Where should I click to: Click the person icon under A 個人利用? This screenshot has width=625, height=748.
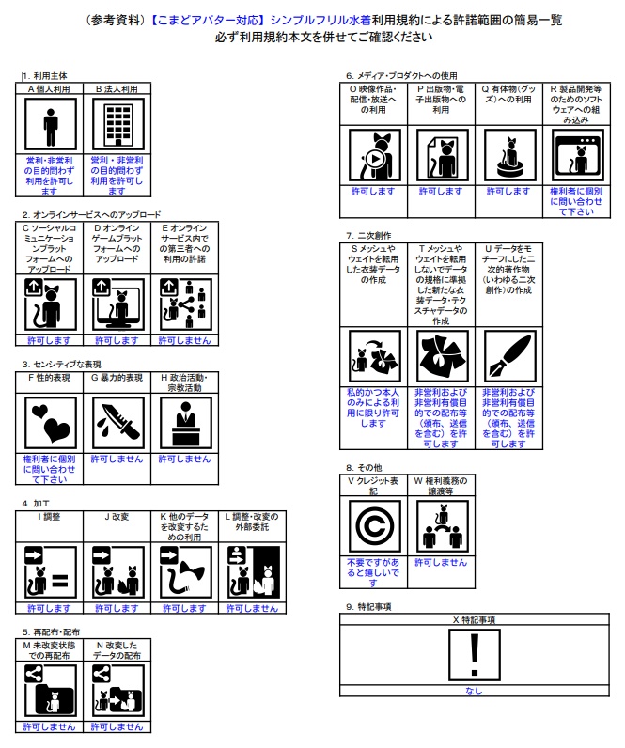coord(50,125)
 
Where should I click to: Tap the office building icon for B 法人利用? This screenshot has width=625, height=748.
coord(117,125)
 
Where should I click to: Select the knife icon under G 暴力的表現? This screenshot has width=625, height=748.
coord(117,423)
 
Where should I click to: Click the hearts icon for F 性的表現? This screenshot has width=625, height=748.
coord(50,423)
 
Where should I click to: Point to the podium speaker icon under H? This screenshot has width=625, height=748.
coord(185,423)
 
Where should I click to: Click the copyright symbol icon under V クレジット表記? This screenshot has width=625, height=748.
coord(374,526)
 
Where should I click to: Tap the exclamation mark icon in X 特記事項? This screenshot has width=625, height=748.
coord(475,655)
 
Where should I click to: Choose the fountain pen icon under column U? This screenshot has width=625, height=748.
coord(509,356)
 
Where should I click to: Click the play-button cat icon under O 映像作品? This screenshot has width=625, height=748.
coord(374,155)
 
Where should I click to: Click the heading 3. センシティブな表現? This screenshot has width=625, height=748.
coord(61,365)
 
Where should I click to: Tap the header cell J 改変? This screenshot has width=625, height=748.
coord(117,517)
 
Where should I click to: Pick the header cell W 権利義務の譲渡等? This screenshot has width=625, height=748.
coord(441,486)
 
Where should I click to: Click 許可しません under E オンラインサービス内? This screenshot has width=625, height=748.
coord(184,340)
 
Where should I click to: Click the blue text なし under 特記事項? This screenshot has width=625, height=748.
coord(474,691)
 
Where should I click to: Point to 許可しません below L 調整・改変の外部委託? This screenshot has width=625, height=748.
coord(252,608)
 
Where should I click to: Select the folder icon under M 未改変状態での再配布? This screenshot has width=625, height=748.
coord(50,691)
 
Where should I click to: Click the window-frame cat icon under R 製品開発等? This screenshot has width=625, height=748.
coord(577,155)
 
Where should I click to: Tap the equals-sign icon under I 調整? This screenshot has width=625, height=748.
coord(50,572)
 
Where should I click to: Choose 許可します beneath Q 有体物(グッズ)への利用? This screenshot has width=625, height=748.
coord(508,192)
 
